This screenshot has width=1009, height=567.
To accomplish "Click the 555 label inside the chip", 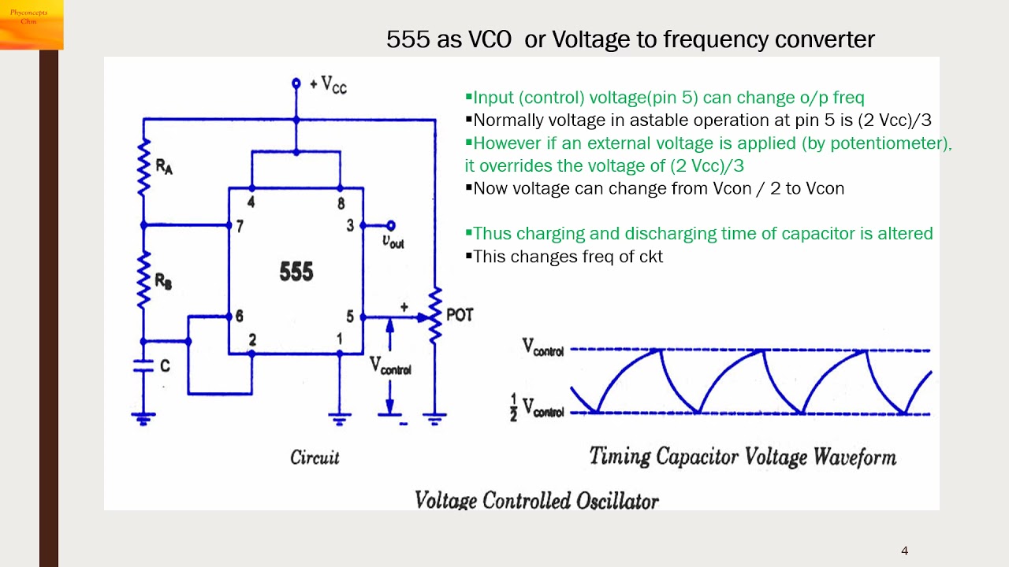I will (296, 272).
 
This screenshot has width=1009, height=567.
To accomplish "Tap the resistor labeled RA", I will (144, 168).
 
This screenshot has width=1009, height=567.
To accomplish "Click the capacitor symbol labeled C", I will (143, 365).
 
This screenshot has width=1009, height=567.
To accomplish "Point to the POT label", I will (460, 315).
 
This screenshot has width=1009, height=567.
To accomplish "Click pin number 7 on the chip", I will (238, 226).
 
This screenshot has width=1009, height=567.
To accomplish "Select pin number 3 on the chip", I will (351, 226).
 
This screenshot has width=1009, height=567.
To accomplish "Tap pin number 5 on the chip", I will (351, 317).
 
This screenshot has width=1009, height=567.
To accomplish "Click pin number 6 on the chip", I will (238, 317).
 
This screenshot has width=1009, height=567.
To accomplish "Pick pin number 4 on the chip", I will (251, 202).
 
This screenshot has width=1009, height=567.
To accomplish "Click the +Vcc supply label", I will (327, 84).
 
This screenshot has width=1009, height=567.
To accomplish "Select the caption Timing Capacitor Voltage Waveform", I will (743, 456).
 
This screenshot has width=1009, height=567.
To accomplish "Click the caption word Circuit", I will (315, 458).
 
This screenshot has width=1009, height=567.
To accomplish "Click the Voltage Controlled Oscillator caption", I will (536, 499).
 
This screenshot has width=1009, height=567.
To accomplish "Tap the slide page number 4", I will (904, 550).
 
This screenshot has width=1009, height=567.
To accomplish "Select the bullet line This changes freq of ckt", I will (568, 256).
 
